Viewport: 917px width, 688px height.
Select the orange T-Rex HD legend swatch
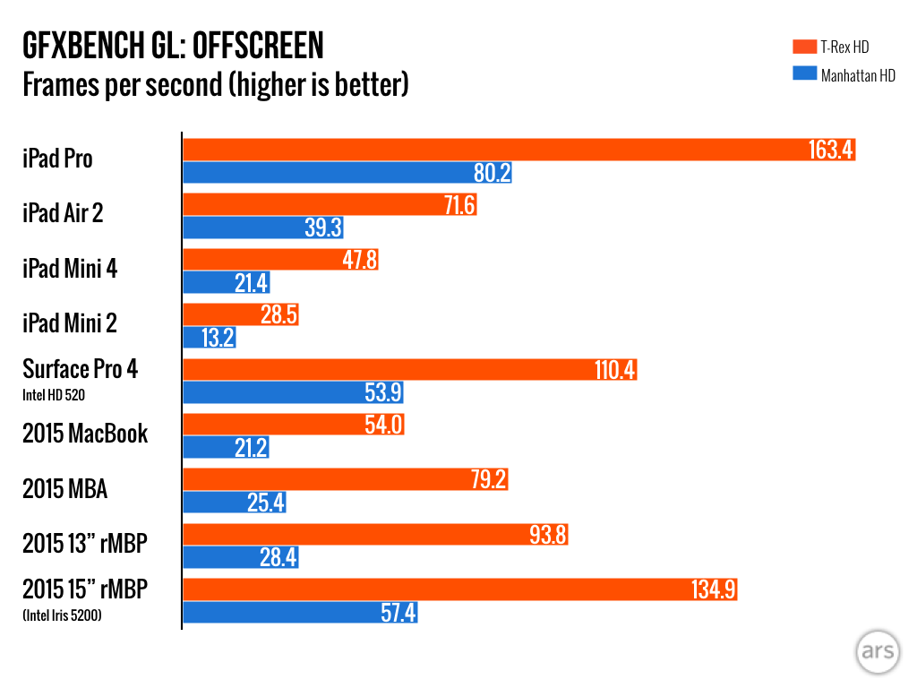coord(804,47)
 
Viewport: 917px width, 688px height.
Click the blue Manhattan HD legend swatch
coord(804,75)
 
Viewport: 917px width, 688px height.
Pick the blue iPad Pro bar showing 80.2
coord(347,174)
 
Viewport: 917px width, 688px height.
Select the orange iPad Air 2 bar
coord(330,205)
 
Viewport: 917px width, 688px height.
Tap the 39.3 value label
coord(323,228)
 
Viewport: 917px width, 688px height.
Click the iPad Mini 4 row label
coord(70,269)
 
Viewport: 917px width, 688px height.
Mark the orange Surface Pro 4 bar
coord(409,369)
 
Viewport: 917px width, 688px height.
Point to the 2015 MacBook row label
coord(85,434)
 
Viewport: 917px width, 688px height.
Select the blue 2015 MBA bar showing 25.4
coord(235,503)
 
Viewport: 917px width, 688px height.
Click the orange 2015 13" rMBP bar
coord(375,535)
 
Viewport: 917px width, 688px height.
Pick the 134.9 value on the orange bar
coord(715,589)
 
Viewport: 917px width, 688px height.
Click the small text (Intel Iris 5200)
coord(62,614)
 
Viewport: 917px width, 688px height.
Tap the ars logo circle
coord(877,651)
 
